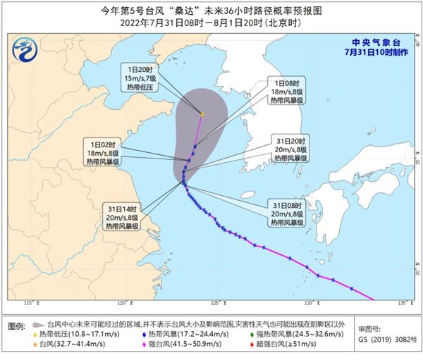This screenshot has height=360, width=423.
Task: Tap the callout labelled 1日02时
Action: (x=105, y=151)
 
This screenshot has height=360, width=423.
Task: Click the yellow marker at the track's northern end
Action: (x=202, y=113)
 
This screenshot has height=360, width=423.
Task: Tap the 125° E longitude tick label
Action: (x=220, y=303)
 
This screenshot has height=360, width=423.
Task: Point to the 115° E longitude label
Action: (x=30, y=303)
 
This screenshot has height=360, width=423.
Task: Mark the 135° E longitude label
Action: (x=402, y=303)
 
